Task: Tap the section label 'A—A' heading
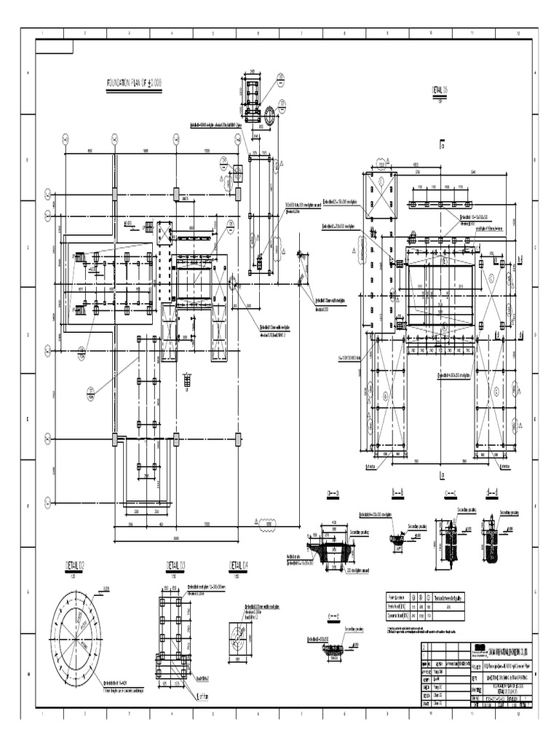click(334, 493)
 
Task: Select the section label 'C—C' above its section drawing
click(449, 493)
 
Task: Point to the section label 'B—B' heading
click(397, 493)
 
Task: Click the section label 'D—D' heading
click(499, 493)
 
